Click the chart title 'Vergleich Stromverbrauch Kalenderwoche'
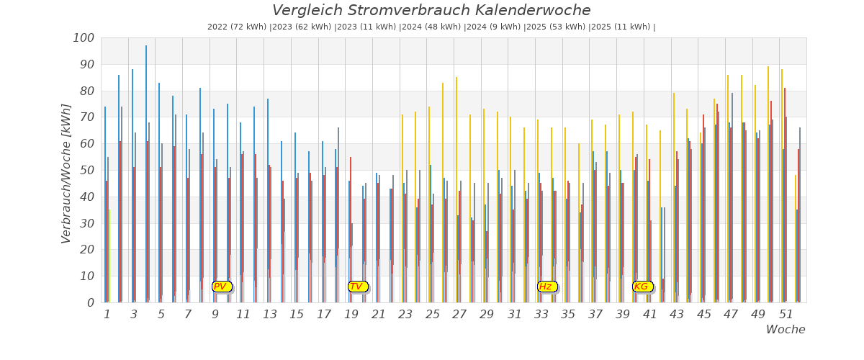(x=431, y=11)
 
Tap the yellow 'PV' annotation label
(x=221, y=287)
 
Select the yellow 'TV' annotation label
(x=357, y=287)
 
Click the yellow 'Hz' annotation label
(x=546, y=287)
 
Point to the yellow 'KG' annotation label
(x=642, y=287)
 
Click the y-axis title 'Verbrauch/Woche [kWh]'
(x=66, y=174)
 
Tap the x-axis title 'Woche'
(x=786, y=330)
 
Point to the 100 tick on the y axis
(x=84, y=38)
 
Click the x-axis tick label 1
(x=107, y=315)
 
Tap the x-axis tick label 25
(x=432, y=315)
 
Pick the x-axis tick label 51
(x=786, y=315)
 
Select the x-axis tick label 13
(x=269, y=315)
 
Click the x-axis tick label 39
(x=622, y=315)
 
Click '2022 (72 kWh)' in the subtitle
(x=237, y=27)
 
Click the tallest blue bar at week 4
(x=146, y=173)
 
